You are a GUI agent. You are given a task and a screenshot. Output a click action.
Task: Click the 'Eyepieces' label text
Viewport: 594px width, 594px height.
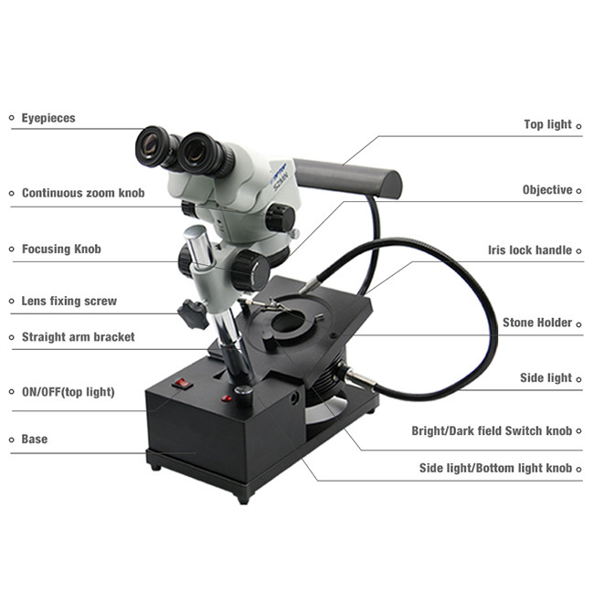pyautogui.click(x=48, y=118)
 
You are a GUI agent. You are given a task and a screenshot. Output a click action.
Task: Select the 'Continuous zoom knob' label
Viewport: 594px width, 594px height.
pyautogui.click(x=83, y=193)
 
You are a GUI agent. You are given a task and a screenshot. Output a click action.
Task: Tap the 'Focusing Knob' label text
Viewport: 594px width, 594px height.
pyautogui.click(x=61, y=249)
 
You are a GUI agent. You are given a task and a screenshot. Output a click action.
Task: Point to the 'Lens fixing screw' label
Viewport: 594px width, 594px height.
pyautogui.click(x=69, y=301)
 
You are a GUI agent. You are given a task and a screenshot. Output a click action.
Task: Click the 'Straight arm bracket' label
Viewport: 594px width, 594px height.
pyautogui.click(x=78, y=337)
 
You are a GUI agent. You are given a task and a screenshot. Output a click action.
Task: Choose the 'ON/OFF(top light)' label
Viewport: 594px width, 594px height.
pyautogui.click(x=69, y=392)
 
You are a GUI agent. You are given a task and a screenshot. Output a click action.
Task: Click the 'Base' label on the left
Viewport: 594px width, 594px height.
pyautogui.click(x=35, y=439)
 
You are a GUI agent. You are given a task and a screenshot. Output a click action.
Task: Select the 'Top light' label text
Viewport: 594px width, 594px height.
pyautogui.click(x=547, y=124)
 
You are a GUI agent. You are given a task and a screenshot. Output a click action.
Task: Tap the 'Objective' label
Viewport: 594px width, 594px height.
pyautogui.click(x=547, y=190)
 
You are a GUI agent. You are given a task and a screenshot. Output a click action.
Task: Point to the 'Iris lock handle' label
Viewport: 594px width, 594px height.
pyautogui.click(x=530, y=250)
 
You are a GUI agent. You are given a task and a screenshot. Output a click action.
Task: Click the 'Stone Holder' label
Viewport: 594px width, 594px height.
pyautogui.click(x=537, y=323)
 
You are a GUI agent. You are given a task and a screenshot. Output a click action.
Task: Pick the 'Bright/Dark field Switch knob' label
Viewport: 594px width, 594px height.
pyautogui.click(x=492, y=430)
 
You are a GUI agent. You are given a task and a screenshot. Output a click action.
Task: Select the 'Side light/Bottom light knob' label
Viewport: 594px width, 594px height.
pyautogui.click(x=495, y=468)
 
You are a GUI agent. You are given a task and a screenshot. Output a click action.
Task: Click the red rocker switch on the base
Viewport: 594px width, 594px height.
pyautogui.click(x=182, y=384)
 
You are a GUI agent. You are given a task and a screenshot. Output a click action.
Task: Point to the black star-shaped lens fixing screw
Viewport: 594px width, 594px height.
pyautogui.click(x=193, y=313)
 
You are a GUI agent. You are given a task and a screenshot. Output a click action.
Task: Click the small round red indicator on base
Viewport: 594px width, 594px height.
pyautogui.click(x=227, y=398)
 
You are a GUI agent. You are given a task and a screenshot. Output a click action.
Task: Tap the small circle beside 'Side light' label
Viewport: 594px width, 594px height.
pyautogui.click(x=578, y=379)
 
